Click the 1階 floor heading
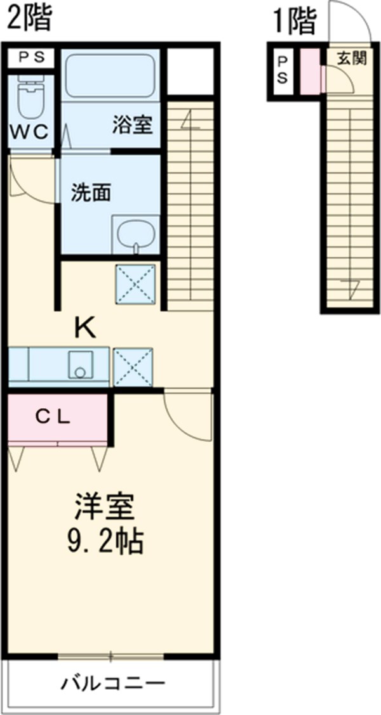(294, 22)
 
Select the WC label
(30, 133)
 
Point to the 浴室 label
(132, 126)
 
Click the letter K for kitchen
(84, 327)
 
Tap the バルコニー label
(113, 684)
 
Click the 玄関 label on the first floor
(351, 59)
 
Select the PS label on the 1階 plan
(283, 72)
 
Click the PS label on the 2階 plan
(31, 58)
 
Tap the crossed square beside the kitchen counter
(132, 366)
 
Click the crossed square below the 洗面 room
(135, 283)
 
